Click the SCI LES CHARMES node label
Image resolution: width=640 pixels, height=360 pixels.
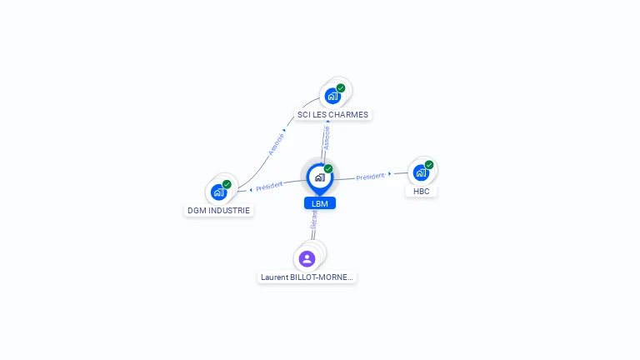(332, 114)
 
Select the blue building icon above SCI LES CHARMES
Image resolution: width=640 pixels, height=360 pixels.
(332, 96)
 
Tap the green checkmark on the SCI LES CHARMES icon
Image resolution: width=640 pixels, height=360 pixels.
(341, 87)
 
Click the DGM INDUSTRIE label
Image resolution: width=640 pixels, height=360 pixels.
(218, 211)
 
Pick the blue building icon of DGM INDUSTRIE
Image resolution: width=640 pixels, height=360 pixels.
(218, 192)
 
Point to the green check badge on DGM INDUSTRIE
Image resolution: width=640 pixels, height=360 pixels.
(227, 184)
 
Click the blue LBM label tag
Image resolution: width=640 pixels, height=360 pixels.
(320, 203)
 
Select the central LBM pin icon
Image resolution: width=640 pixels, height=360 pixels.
(319, 177)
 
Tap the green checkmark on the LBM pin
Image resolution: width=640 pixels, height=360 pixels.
(328, 168)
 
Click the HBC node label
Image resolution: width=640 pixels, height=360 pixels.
(421, 191)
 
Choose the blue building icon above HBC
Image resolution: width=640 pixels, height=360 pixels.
(421, 173)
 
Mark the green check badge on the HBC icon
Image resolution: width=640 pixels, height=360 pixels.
(429, 165)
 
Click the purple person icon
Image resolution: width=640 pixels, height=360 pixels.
(307, 258)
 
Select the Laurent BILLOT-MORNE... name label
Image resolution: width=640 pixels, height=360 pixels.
(307, 277)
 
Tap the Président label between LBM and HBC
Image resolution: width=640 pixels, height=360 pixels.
(370, 177)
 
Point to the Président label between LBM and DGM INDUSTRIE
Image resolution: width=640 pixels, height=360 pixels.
(269, 186)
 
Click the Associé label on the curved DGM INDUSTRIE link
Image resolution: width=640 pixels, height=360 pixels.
(276, 143)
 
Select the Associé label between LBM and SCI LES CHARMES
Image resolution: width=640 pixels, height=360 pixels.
(327, 137)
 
